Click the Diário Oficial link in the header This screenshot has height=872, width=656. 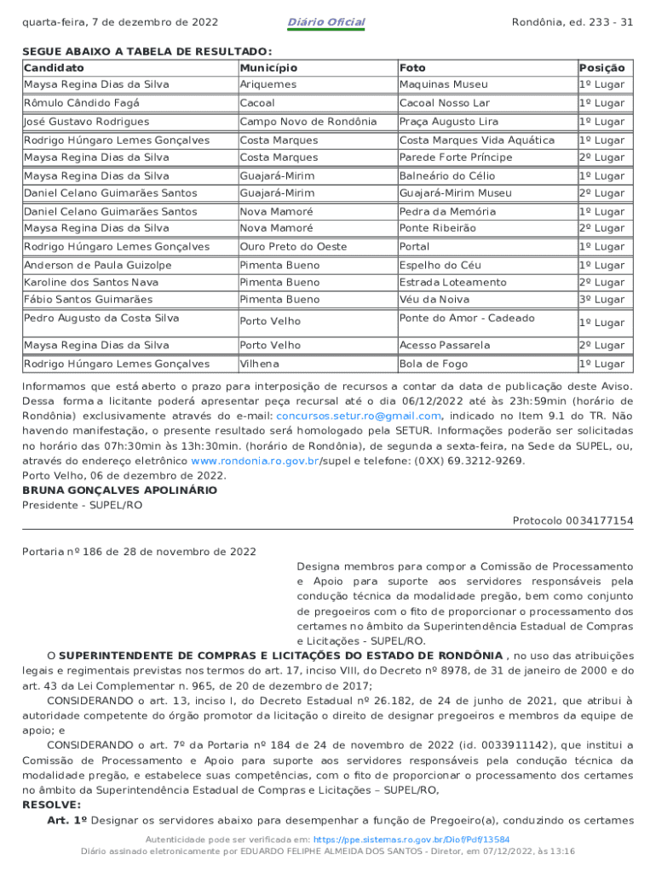(x=326, y=22)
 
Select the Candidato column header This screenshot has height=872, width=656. (x=54, y=67)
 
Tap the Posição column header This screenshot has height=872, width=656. (x=601, y=67)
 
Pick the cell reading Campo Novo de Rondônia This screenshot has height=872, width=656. (x=308, y=122)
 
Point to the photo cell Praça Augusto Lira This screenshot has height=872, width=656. (x=449, y=122)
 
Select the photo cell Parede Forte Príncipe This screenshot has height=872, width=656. (x=456, y=158)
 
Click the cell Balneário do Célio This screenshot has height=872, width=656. (x=447, y=175)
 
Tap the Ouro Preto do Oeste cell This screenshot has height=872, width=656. (x=293, y=247)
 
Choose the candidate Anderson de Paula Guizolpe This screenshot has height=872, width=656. (x=97, y=266)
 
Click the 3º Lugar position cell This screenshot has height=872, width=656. (x=601, y=300)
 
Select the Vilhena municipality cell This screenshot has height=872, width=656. (x=259, y=364)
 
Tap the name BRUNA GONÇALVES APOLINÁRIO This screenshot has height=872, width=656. (x=119, y=490)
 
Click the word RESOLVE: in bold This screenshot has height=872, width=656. (x=51, y=804)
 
